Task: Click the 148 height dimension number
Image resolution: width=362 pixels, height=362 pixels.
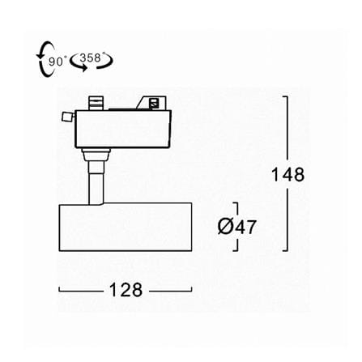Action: pos(287,174)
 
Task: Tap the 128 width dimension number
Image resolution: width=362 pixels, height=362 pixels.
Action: pos(126,290)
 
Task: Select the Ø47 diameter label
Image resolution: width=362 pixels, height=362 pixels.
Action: pos(236,227)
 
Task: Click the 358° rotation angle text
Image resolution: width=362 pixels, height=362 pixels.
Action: pos(91,57)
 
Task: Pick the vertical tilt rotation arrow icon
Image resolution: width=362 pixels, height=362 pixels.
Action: pos(45,59)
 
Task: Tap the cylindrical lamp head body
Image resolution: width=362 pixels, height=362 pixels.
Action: pos(126,227)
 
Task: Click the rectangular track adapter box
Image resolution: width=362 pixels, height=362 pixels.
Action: pos(123,129)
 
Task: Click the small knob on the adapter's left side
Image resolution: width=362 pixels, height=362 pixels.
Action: pos(68,117)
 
